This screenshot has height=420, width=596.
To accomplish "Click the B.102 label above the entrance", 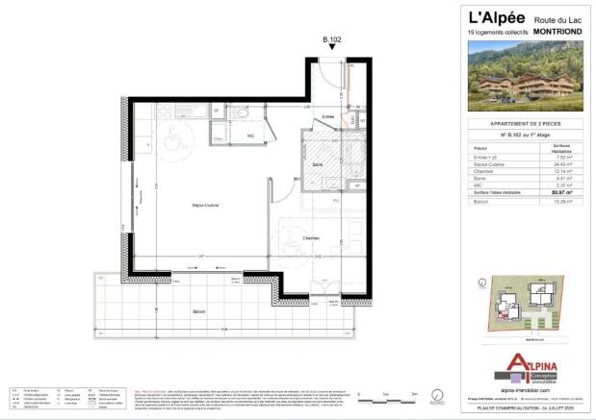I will pyautogui.click(x=331, y=40).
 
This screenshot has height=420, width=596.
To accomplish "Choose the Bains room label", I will pyautogui.click(x=316, y=164).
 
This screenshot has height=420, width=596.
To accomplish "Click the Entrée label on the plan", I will pyautogui.click(x=328, y=117).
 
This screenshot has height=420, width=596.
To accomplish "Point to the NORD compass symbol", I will pyautogui.click(x=437, y=394).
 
